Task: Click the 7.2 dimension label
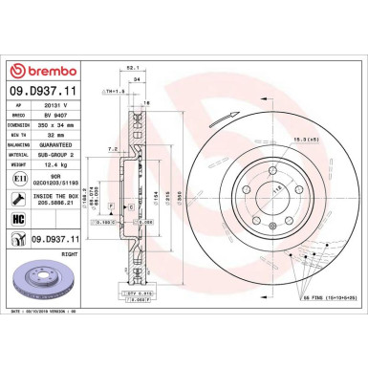tap(114, 149)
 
